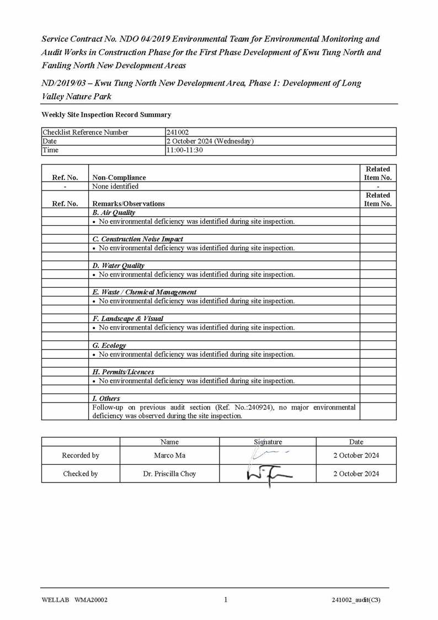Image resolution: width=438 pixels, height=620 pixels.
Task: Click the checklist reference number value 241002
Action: (x=178, y=132)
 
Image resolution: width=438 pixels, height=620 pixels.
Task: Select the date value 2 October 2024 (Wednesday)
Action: (x=210, y=141)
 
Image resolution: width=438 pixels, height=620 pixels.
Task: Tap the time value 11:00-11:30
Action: (x=185, y=150)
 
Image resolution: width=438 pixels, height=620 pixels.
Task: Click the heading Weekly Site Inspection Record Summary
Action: (x=106, y=114)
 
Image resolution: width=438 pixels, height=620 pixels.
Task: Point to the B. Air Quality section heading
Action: (x=114, y=212)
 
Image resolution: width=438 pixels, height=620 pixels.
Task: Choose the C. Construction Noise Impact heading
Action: (x=137, y=239)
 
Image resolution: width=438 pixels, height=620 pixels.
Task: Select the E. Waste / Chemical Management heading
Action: (x=144, y=292)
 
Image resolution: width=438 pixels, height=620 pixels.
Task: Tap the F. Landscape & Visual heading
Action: (x=127, y=319)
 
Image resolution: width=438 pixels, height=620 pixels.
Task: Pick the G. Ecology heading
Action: (x=109, y=345)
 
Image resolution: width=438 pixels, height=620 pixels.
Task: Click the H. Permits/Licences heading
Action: (x=123, y=372)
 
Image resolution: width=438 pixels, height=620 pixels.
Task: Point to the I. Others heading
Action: (x=106, y=398)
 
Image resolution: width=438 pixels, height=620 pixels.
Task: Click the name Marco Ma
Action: (x=169, y=455)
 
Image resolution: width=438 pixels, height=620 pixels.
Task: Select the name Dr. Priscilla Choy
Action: (x=169, y=474)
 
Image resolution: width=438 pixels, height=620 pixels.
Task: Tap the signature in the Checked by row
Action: (x=269, y=474)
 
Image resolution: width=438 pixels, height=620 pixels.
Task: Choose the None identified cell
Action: (x=115, y=186)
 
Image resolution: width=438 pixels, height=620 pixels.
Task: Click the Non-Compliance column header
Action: (x=119, y=177)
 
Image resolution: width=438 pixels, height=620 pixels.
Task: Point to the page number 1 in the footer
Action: (x=226, y=600)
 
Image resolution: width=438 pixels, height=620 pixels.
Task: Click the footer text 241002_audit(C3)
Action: (x=356, y=600)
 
